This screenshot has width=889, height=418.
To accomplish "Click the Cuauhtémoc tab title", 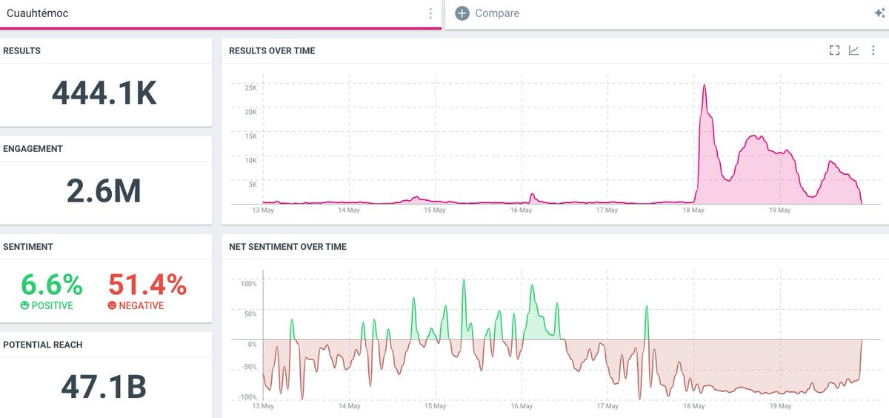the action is [37, 13].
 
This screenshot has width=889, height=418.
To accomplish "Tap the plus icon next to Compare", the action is [462, 13].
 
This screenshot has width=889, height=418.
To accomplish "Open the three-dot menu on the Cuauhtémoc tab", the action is [430, 13].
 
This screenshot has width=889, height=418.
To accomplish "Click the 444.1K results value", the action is [104, 93].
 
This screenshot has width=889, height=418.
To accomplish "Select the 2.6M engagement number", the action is [104, 190].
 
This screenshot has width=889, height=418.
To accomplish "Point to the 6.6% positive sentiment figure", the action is [52, 285].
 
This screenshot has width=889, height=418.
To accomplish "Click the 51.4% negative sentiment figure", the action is [147, 285].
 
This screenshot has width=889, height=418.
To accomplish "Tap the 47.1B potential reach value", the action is [104, 386].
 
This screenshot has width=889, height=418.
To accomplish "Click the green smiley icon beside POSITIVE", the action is [24, 305].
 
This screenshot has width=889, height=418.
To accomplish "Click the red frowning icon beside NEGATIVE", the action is [112, 305].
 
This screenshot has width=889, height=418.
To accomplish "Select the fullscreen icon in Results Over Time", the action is [834, 50].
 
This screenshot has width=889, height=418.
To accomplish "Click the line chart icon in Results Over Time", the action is [853, 50].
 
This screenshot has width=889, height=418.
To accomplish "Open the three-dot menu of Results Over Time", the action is [873, 50].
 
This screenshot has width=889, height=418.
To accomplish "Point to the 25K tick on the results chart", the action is [251, 87].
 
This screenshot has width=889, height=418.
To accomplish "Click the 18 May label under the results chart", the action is [693, 210].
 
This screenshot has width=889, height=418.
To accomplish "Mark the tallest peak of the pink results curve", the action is [705, 85].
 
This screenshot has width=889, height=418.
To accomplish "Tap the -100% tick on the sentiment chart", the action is [247, 397].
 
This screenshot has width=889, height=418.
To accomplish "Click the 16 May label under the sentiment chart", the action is [522, 406].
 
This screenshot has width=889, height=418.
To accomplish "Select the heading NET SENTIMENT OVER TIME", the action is [287, 247].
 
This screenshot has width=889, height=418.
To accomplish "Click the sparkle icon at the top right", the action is [879, 13].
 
